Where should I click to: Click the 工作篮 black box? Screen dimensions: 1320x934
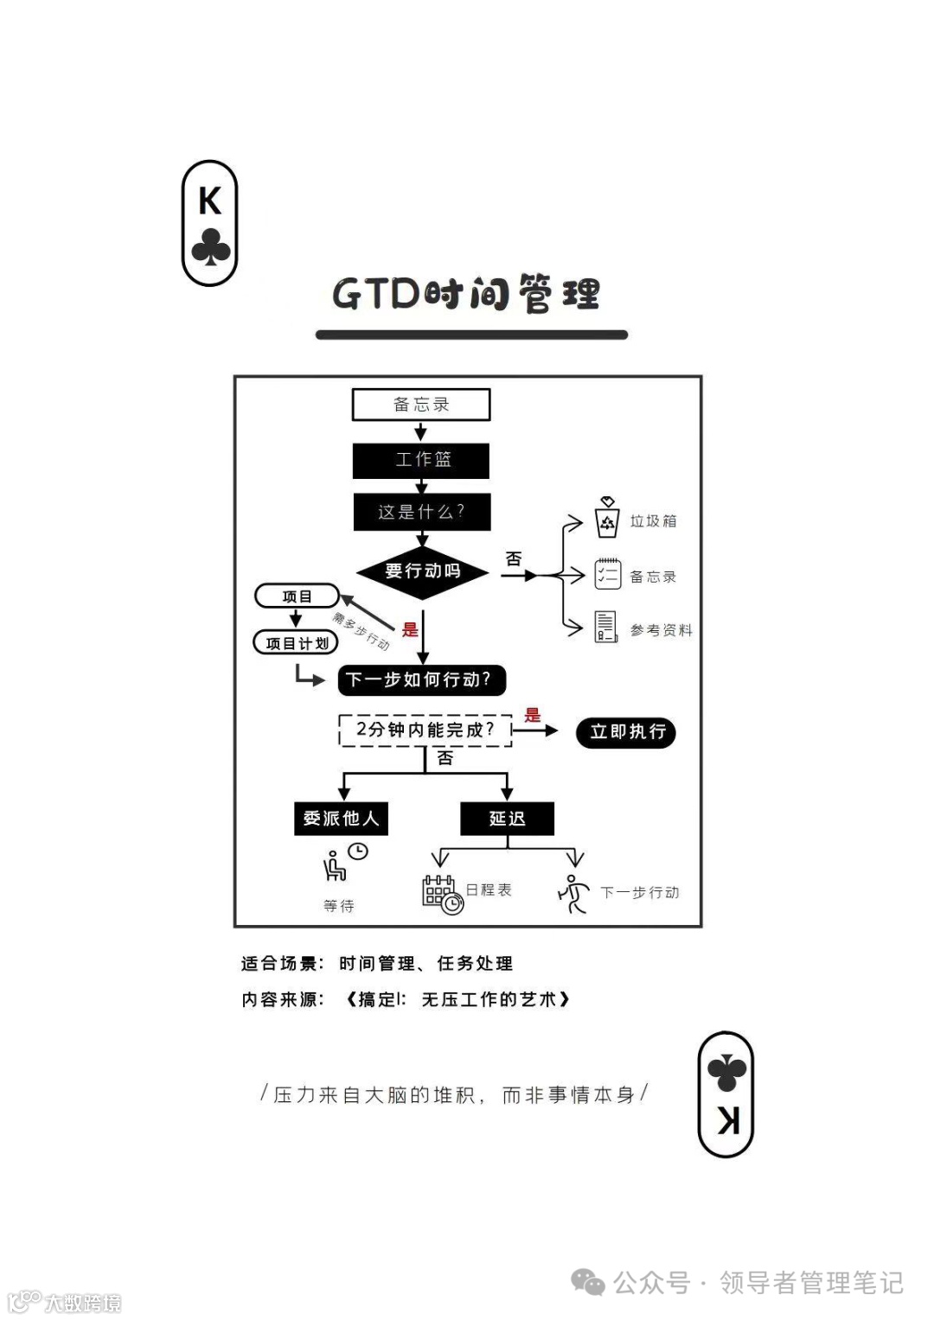coord(421,460)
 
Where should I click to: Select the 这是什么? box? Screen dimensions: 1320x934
coord(422,512)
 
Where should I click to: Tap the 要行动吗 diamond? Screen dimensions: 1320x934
coord(423,571)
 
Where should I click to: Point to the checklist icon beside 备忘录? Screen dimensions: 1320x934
coord(607,575)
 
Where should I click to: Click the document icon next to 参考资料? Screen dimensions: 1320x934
coord(606,627)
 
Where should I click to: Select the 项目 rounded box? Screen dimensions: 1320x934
coord(297,596)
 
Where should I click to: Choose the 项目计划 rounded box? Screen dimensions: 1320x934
coord(296,643)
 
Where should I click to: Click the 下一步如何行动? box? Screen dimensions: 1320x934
coord(421,680)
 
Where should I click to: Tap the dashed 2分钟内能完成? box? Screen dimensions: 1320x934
coord(425,730)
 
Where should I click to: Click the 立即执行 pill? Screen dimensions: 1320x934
coord(626,732)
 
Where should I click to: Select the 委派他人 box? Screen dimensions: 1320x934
coord(341,819)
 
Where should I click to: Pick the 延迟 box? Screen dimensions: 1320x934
coord(507,819)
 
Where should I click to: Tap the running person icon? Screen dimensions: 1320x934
coord(573,893)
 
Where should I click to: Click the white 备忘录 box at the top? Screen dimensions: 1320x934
coord(421,405)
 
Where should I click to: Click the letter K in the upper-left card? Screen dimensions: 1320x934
coord(209,201)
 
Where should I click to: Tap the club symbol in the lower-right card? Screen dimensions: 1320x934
coord(726,1072)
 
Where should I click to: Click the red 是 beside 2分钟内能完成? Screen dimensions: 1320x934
coord(533,715)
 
